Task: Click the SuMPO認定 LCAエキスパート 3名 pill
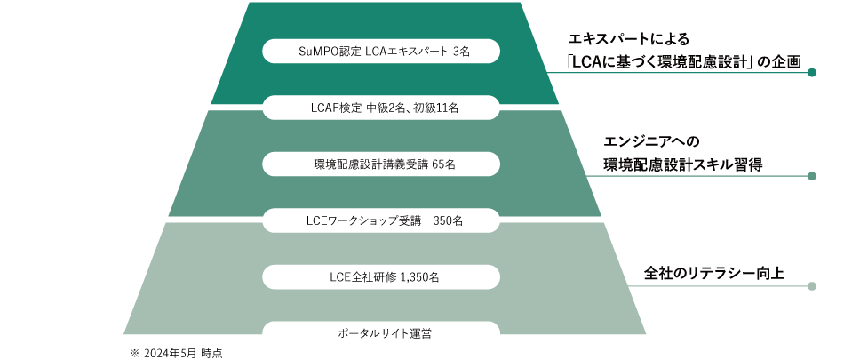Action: [x=381, y=51]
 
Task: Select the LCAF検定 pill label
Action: [x=381, y=108]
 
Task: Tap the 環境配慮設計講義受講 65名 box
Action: [x=381, y=164]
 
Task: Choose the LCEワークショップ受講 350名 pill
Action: [x=381, y=220]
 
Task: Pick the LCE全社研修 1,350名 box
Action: [x=381, y=276]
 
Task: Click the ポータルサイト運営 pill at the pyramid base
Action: [x=381, y=333]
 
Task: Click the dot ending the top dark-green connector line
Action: [x=811, y=74]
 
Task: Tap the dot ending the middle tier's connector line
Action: [x=811, y=176]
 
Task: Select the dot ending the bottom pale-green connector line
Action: [x=811, y=286]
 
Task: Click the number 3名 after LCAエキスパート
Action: [x=460, y=52]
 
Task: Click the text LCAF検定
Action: [x=332, y=108]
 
